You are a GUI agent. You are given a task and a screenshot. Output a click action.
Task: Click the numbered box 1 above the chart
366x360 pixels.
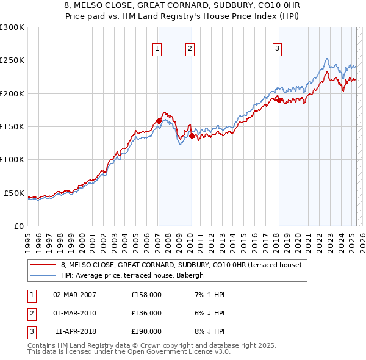[157, 49]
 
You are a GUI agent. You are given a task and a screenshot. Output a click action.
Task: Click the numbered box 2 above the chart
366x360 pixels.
[190, 49]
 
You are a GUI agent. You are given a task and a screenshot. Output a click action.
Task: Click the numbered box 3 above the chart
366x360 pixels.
[277, 49]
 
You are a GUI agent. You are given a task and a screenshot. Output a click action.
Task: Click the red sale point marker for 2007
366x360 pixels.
[159, 121]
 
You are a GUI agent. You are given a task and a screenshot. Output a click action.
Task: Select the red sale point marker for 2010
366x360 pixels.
[191, 135]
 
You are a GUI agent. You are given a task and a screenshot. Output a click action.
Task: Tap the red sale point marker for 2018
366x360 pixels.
[279, 100]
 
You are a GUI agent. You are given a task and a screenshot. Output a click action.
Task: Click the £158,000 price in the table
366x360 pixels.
[146, 295]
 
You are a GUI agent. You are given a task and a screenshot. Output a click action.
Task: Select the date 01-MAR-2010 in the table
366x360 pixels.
[74, 313]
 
